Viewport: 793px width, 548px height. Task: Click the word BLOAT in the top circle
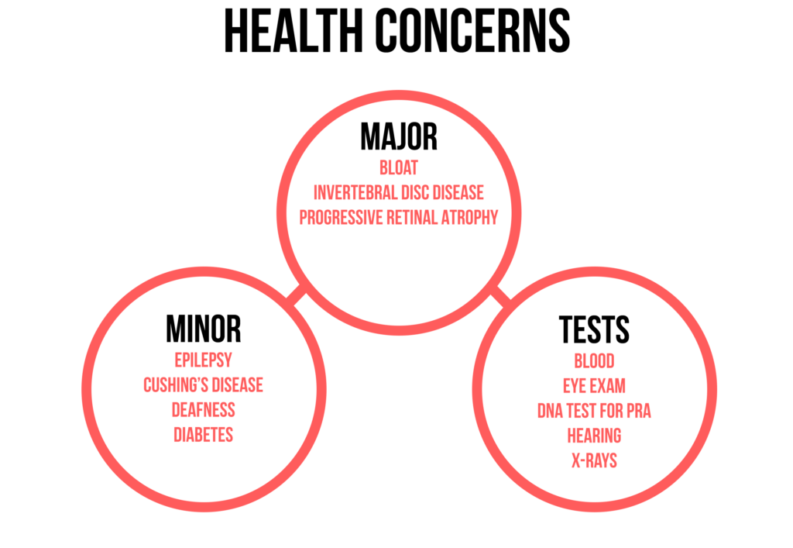[x=399, y=167]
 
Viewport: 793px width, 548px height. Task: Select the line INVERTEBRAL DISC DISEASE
[x=399, y=191]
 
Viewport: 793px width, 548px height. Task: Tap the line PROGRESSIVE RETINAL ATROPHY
[x=399, y=216]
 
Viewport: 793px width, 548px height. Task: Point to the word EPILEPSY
[x=203, y=360]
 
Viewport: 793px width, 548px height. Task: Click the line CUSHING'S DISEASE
[x=203, y=385]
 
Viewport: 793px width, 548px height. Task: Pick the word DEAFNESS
[x=203, y=410]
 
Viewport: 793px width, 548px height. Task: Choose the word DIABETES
[x=203, y=435]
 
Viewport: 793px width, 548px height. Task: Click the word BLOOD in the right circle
[x=594, y=361]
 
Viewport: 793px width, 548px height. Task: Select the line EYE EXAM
[x=594, y=386]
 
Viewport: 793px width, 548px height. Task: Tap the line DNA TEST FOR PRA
[x=594, y=411]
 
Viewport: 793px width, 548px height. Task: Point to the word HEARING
[x=594, y=436]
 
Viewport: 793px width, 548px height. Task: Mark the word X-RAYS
[x=594, y=460]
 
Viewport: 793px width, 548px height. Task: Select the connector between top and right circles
[x=501, y=295]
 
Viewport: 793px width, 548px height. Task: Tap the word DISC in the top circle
[x=404, y=191]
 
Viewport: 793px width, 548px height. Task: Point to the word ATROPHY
[x=471, y=216]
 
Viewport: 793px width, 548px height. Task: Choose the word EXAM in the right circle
[x=610, y=386]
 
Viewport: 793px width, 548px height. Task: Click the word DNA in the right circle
[x=549, y=411]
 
